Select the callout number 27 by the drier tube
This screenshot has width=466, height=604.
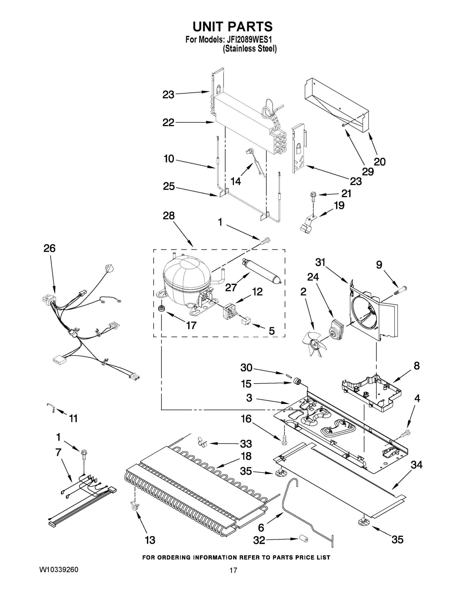point(231,288)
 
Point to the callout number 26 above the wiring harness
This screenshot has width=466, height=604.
point(49,248)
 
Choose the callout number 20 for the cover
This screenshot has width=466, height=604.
point(379,162)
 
